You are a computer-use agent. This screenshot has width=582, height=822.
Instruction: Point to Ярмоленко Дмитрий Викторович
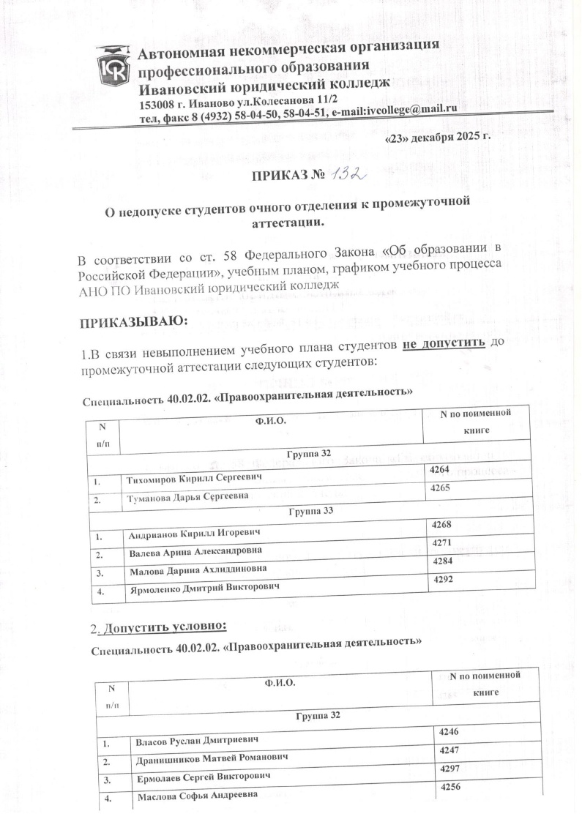click(202, 586)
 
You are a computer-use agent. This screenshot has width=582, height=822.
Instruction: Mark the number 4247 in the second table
click(449, 750)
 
